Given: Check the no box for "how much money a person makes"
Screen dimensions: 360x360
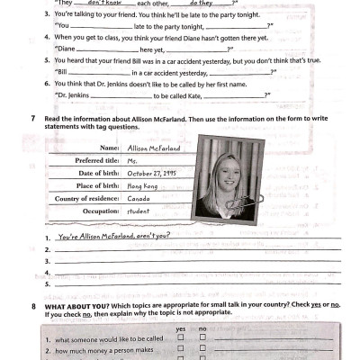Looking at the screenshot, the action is coord(202,353).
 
